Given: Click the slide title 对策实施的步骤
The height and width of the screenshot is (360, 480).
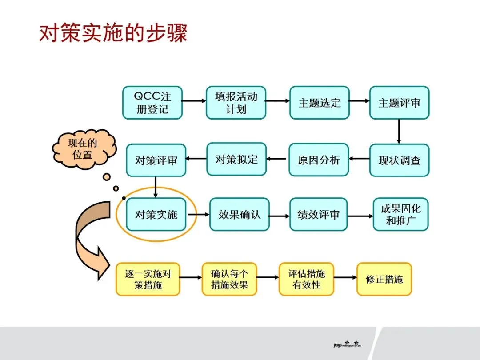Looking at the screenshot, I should point(113,33).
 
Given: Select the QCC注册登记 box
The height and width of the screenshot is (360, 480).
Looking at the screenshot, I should point(152,103).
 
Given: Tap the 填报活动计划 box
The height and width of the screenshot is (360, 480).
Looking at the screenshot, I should point(236,103).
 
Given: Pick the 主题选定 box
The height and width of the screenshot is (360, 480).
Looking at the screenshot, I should point(320,103).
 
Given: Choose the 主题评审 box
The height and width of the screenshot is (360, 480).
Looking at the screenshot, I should point(399,103).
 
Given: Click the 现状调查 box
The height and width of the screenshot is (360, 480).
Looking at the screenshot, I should point(399,160).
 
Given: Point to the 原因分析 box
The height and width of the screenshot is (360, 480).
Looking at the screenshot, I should point(319,160).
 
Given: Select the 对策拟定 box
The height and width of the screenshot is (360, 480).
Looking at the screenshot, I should point(236,159).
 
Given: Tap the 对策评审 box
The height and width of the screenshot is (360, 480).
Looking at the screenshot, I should point(156,160).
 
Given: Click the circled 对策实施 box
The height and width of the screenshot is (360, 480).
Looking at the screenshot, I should point(156,215).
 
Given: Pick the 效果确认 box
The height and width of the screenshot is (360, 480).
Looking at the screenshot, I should point(239,215).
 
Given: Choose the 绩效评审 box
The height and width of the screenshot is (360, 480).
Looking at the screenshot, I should point(318,215).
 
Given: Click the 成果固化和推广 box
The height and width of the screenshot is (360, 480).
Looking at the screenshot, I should point(400,214).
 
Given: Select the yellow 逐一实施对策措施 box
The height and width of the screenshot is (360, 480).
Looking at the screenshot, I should point(148,279).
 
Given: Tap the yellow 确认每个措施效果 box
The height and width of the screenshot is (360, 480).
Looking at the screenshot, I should point(229,279).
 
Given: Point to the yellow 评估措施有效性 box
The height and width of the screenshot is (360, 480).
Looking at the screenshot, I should point(306,279).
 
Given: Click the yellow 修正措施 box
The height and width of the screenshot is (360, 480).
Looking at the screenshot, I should point(384,279).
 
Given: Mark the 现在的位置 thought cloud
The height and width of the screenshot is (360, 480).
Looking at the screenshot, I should point(83,149).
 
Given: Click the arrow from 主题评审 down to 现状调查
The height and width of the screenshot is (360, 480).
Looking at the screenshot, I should point(399,132).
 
